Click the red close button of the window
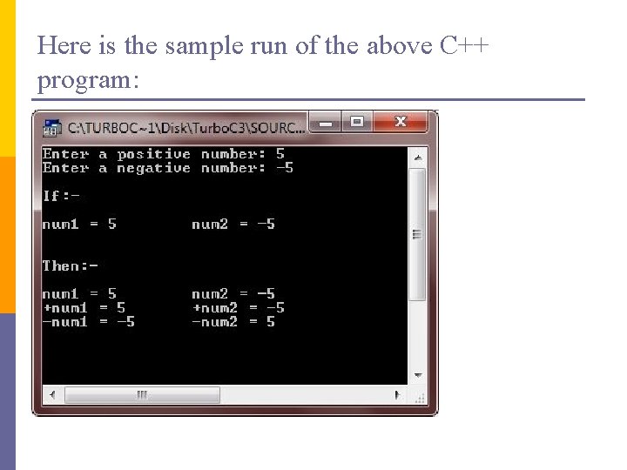[401, 122]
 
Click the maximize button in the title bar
[357, 122]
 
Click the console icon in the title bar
[52, 128]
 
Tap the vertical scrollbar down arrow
[417, 374]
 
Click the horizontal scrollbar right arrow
[399, 395]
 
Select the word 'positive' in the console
[153, 154]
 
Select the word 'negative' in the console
[153, 168]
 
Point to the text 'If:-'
[61, 196]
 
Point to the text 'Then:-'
[71, 265]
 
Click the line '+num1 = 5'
[84, 307]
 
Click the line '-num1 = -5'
[88, 321]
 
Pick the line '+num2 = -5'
[238, 307]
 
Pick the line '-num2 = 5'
[233, 321]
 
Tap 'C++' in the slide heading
[465, 45]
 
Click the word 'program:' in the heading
[87, 80]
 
